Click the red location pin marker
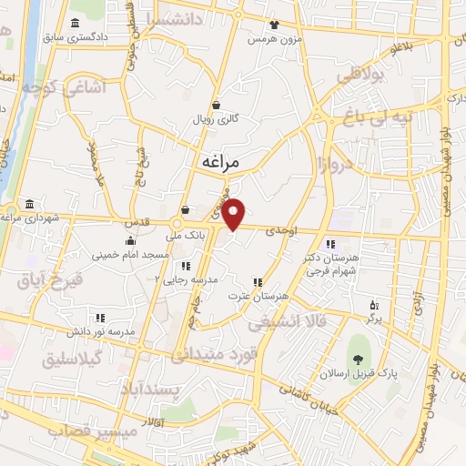[x=235, y=213]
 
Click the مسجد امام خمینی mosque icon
[x=131, y=241]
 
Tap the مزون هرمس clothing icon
[x=274, y=25]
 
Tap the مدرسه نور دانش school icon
[x=99, y=318]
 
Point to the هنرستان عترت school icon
[x=258, y=282]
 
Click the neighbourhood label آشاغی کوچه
[x=40, y=88]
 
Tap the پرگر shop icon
[x=373, y=305]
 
